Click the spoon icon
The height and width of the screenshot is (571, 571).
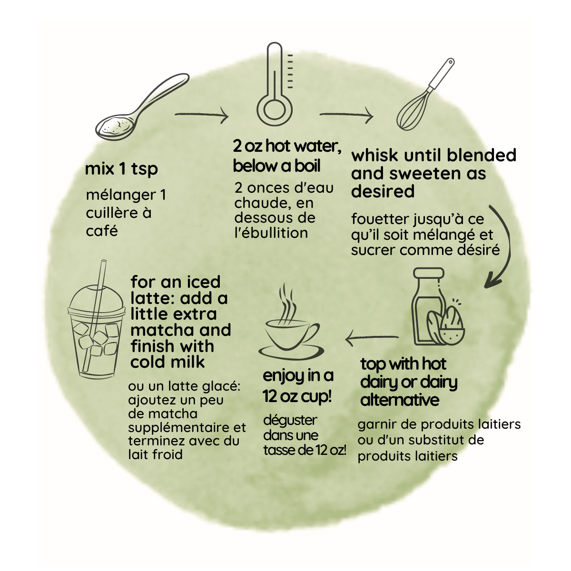coord(142,107)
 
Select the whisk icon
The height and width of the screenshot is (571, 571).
coord(425,94)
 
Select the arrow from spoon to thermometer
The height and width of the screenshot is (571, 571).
coord(201,115)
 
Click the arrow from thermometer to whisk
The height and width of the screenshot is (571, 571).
coord(346,115)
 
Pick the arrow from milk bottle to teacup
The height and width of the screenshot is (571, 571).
coord(372,337)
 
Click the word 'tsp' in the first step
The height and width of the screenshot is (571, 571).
coord(144,169)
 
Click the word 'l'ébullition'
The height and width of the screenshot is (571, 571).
coord(271,233)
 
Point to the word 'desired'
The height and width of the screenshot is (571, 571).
coord(383,191)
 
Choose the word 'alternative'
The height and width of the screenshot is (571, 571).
coord(400,400)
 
